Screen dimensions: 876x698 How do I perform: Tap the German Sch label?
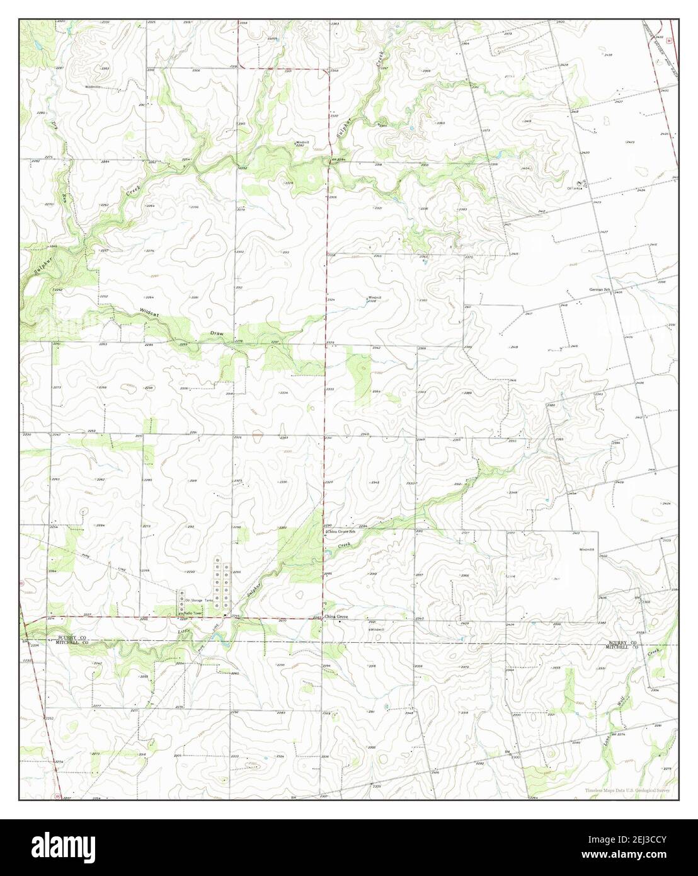(600, 289)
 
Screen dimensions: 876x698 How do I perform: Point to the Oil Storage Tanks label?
(199, 600)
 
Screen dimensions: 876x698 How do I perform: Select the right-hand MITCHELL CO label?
(622, 647)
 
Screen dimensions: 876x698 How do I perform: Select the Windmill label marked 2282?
(302, 143)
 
